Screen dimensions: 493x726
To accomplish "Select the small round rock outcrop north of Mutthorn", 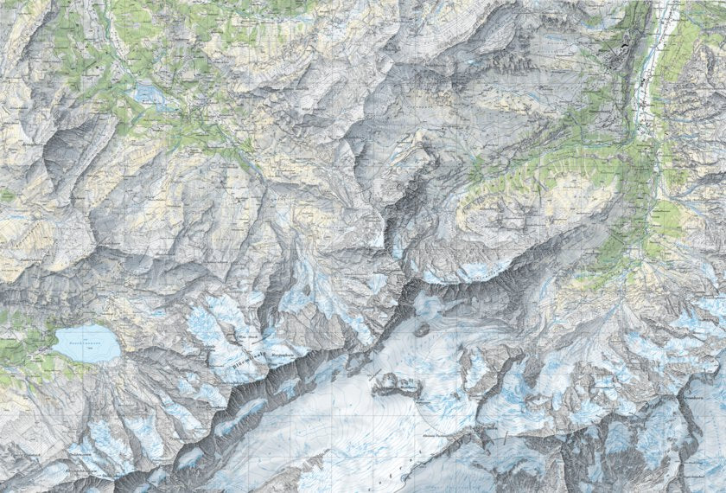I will click(x=422, y=329).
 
